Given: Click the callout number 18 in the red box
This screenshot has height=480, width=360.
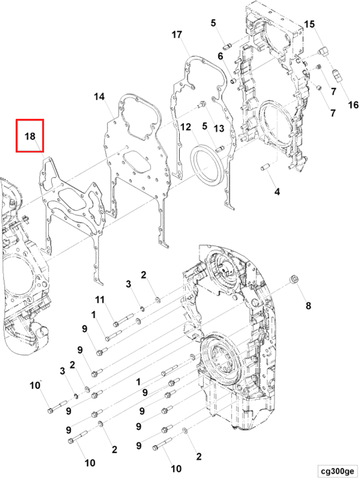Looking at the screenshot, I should coord(30,136).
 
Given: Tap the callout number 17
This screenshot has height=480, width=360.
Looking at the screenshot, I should coord(177,35).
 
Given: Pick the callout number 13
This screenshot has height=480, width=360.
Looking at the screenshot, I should coord(218,128).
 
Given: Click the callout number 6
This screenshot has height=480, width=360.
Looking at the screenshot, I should coord(220,56).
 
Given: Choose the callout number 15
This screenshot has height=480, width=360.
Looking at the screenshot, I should coord(309,24).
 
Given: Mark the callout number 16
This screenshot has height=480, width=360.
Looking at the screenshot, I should coord(354,105).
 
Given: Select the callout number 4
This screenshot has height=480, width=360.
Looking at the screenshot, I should coord(277,192).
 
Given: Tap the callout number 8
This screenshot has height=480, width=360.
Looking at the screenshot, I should coord(308,306).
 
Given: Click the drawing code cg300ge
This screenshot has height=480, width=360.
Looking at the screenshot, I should coord(337,471).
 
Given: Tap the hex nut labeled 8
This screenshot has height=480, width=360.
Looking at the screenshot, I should coord(295,279).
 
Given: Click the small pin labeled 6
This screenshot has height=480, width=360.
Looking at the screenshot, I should coord(234,81).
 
